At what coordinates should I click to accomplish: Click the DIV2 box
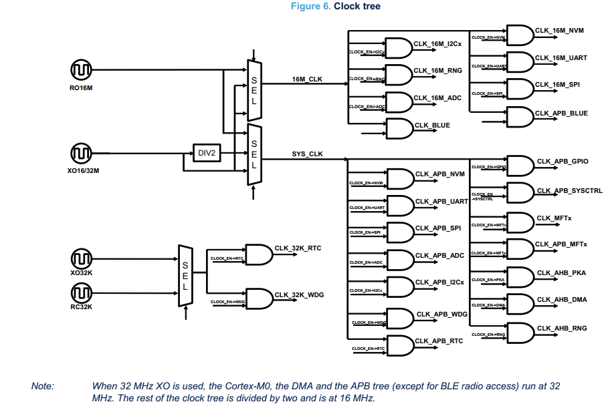207,153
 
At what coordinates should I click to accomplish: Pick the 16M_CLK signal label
307,79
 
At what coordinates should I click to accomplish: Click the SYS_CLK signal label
307,154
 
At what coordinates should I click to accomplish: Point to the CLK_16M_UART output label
561,58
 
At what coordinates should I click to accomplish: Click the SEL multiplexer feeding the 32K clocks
185,275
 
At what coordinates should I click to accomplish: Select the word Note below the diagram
43,386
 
